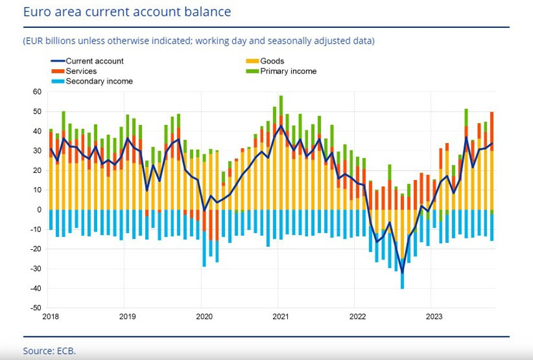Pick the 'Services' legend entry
point(81,71)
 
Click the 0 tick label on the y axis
point(38,210)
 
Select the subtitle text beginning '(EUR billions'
point(199,41)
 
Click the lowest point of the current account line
point(403,273)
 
